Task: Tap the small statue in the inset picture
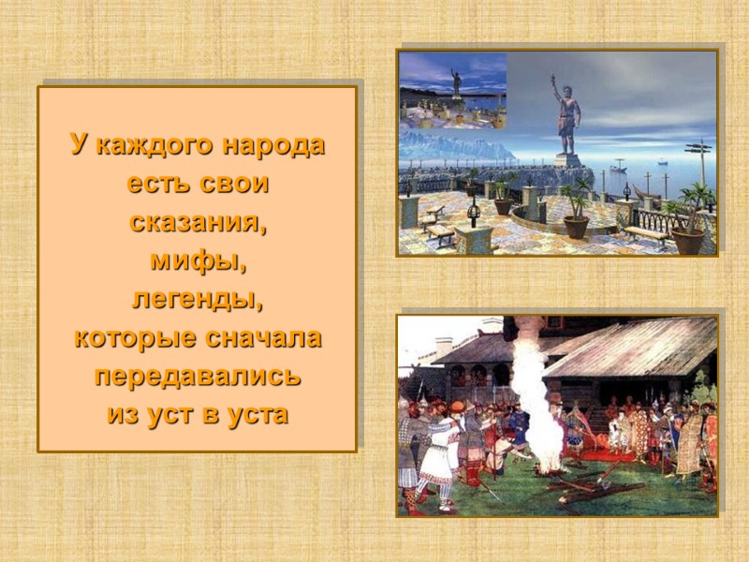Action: point(456,82)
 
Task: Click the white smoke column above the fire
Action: point(529,384)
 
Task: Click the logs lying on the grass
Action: point(580,487)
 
